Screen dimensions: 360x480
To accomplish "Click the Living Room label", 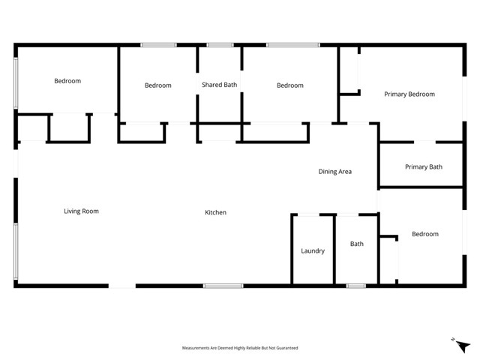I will coord(81,211).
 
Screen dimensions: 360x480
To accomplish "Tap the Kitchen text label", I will coord(215,213).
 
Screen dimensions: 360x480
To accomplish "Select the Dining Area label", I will coord(334,172).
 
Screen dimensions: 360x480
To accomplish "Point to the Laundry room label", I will coord(313,251).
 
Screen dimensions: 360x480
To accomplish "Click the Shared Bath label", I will coord(219,85).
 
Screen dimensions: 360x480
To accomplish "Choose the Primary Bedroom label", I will coord(409,94).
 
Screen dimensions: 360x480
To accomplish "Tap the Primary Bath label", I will coord(424,167).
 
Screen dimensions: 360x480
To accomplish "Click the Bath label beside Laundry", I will coord(357,244).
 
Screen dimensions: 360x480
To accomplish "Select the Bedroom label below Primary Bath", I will coord(425,235).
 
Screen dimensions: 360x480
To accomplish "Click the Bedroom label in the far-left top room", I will coord(67,81).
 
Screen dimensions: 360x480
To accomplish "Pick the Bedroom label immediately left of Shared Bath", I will coord(157,85).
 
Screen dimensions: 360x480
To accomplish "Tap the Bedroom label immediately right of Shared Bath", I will coord(290,85).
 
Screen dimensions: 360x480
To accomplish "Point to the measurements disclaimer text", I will coord(240,348).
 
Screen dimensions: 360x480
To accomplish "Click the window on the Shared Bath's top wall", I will coord(220,45).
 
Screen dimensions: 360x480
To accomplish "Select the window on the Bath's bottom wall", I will coord(355,286).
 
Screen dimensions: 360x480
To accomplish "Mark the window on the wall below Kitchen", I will coord(223,286).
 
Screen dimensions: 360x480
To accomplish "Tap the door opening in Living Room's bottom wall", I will coord(122,286).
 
